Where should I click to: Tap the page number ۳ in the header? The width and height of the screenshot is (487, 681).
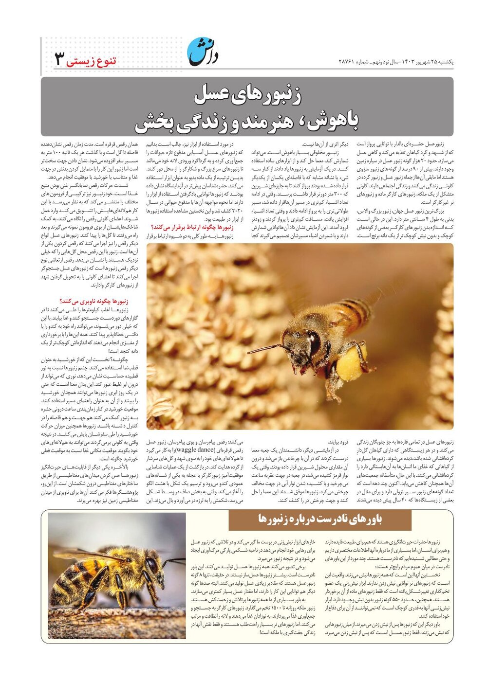[x=59, y=59]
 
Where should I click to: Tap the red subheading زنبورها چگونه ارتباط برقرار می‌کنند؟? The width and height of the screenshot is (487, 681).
[x=192, y=227]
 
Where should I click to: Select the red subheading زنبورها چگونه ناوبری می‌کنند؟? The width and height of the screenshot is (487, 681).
[x=94, y=302]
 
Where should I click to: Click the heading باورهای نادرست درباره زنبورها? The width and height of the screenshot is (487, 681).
[x=320, y=519]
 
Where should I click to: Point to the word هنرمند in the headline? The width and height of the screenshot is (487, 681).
[x=265, y=122]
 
